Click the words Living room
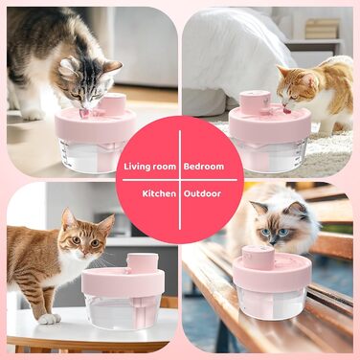point(150,167)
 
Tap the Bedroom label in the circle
point(204,167)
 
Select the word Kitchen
point(159,193)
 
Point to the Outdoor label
point(202,193)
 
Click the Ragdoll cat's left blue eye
point(265,232)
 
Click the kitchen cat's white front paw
point(50,319)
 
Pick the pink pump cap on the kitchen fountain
point(143,263)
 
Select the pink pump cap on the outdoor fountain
point(258,258)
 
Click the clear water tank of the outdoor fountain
point(271,303)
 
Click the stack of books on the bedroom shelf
point(323,29)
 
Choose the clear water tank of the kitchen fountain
point(123,310)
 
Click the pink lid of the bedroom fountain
point(270,123)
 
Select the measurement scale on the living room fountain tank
point(66,152)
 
